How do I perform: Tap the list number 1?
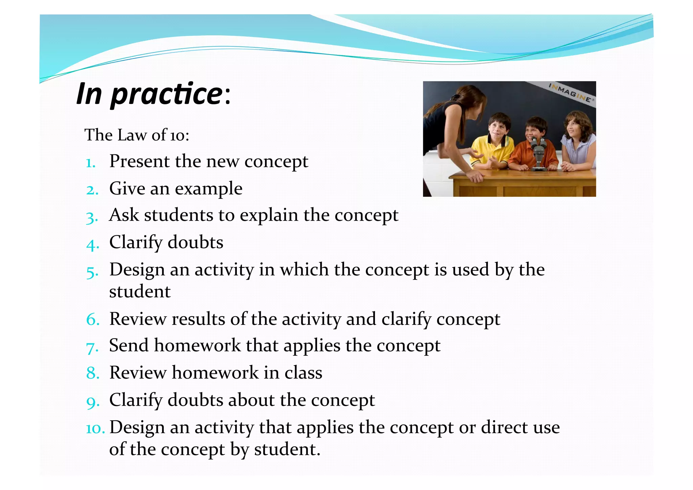point(90,163)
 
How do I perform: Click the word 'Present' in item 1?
point(139,161)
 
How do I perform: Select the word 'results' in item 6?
point(198,319)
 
